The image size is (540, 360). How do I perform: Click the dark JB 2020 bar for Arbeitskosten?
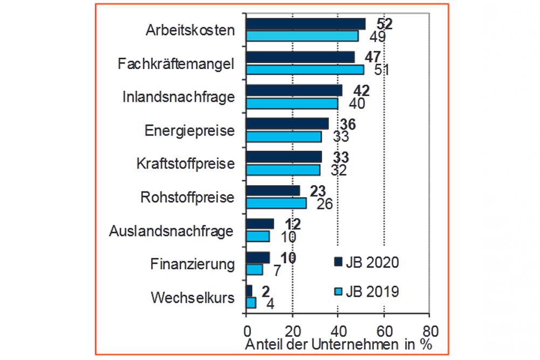305,24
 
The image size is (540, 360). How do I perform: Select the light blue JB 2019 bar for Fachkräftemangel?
305,70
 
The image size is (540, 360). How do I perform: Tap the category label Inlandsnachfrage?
179,97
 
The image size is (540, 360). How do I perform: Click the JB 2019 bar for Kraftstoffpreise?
283,169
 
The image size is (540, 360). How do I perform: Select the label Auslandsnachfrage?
171,231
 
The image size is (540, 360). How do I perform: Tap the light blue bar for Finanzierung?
254,269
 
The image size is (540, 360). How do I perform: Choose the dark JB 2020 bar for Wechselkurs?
249,291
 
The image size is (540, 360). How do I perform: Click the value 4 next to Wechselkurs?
270,304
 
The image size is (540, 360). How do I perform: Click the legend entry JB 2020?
366,263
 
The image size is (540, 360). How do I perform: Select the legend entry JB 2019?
366,291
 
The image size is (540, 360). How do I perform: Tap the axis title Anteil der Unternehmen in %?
338,344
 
